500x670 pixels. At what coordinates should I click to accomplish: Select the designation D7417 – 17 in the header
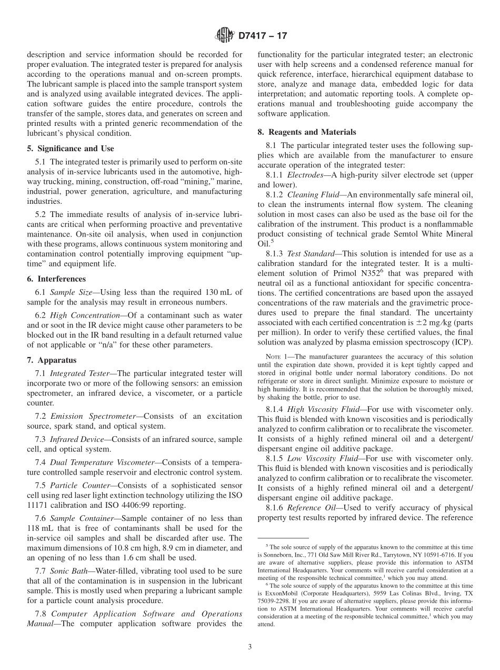tap(263, 36)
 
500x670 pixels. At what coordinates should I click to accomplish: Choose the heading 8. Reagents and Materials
tap(306, 132)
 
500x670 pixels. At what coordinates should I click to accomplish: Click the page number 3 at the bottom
tap(249, 647)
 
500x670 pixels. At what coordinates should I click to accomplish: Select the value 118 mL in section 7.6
tap(41, 528)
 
